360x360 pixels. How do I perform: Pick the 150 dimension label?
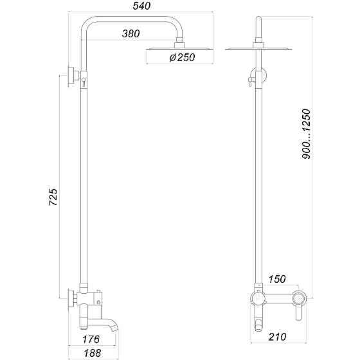tap(276, 279)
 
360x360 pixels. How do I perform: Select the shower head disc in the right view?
tap(260, 48)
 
